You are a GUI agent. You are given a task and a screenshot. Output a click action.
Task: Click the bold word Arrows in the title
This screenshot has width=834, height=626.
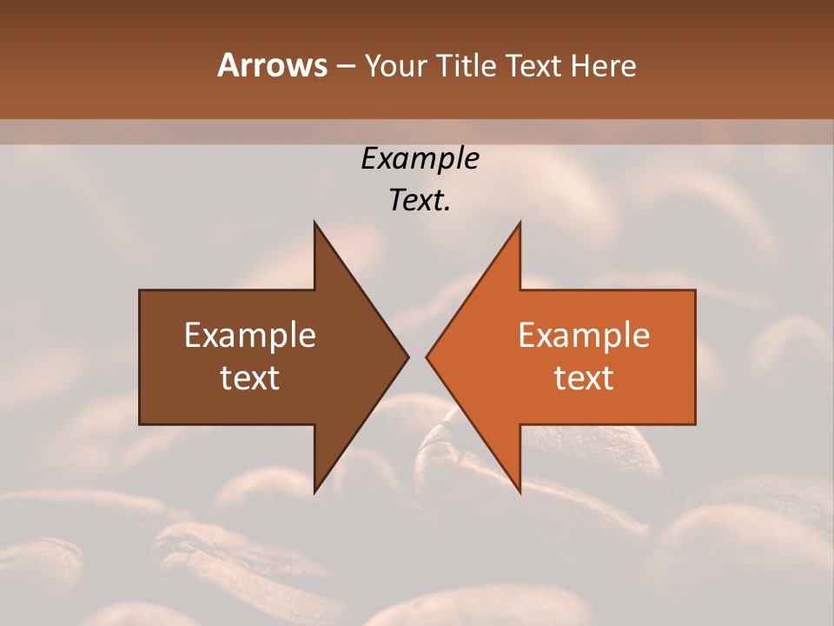point(273,65)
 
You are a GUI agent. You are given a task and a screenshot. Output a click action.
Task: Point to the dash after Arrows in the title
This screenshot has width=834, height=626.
point(346,66)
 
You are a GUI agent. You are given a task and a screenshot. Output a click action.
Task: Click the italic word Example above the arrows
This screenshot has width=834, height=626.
point(420,158)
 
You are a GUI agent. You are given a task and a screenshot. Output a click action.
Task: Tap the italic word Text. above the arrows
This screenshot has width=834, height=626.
point(420,201)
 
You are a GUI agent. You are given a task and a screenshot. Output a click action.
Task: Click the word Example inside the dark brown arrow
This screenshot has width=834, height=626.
point(250,335)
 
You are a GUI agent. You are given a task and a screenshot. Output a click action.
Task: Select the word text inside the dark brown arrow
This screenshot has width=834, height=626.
point(250,378)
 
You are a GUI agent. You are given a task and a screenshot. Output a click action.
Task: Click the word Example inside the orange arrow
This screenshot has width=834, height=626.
point(584,335)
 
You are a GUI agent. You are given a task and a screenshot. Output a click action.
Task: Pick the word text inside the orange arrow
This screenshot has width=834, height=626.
point(584,378)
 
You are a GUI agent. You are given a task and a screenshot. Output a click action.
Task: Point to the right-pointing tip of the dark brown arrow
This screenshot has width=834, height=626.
point(407,356)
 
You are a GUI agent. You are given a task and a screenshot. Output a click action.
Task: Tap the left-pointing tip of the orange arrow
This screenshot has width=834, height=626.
point(427,356)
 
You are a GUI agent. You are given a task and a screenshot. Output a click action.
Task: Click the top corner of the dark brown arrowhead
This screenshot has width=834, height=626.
point(314,223)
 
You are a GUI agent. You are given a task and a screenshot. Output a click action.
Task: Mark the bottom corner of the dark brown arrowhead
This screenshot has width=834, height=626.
point(314,492)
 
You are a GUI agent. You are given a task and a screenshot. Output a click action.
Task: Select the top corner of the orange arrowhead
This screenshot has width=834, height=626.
point(520,223)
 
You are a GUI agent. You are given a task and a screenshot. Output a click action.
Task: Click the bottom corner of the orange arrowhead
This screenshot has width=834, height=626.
point(520,492)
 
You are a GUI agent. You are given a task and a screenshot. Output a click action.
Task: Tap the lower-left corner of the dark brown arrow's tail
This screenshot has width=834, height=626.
point(141,423)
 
